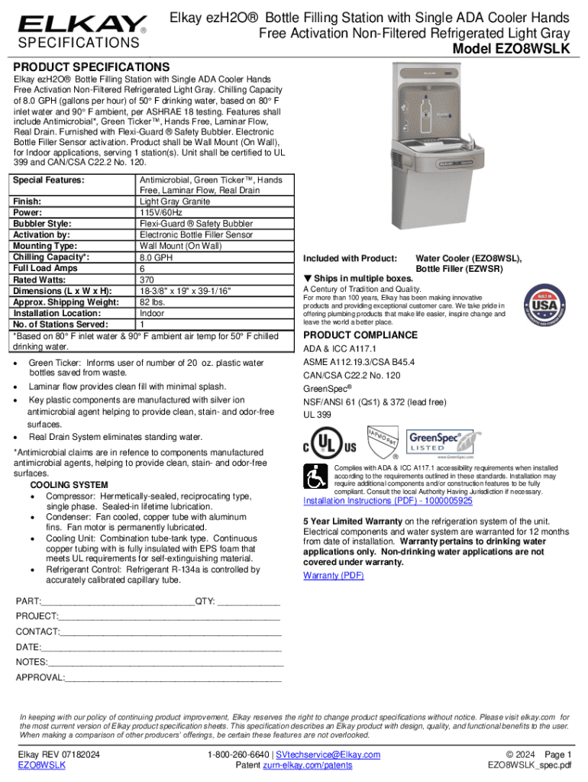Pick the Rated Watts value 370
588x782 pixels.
tap(147, 280)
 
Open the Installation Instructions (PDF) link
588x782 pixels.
tap(388, 501)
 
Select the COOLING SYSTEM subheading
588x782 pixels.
tap(69, 485)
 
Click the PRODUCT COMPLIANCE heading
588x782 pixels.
tap(360, 335)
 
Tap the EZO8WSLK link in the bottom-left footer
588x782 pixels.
tap(41, 765)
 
